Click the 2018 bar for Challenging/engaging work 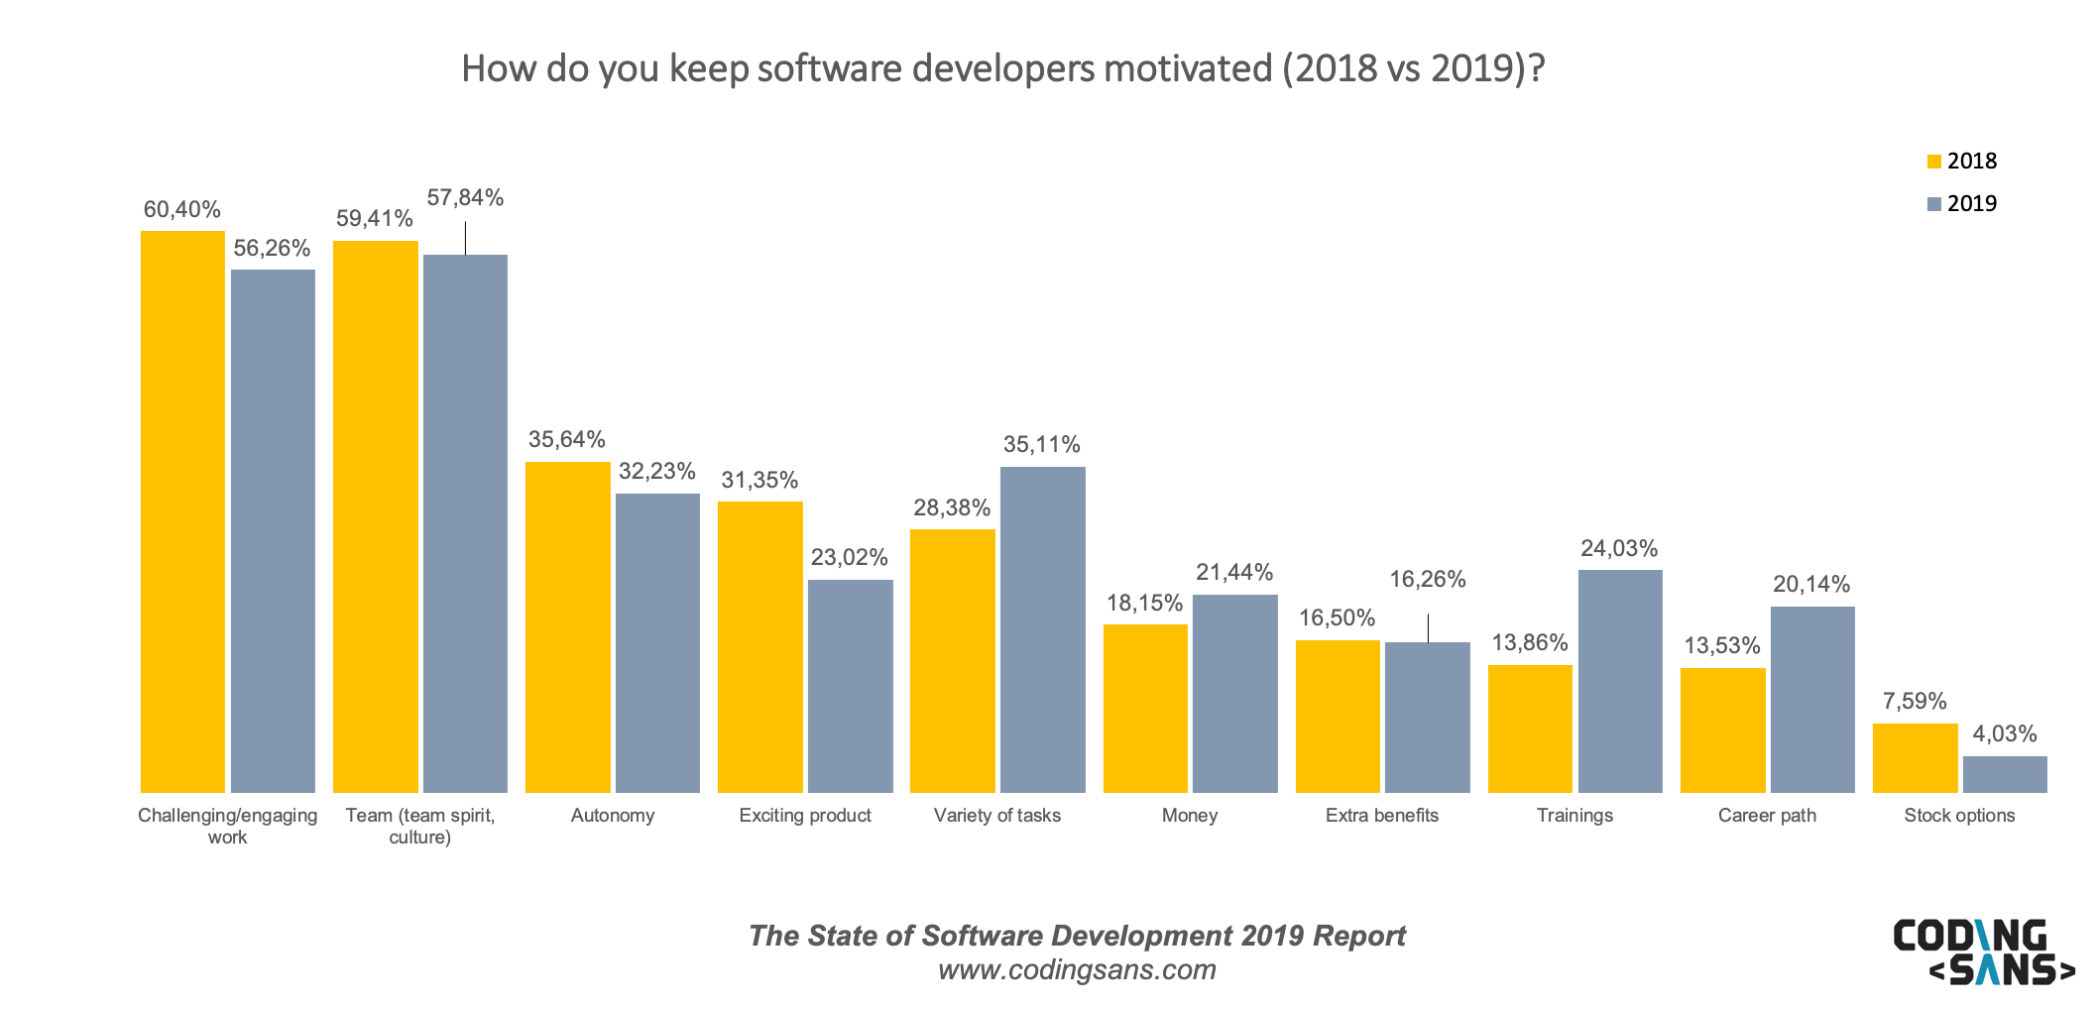click(182, 511)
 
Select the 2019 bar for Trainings click(1620, 681)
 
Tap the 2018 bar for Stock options click(1915, 758)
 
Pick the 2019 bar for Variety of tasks click(1042, 629)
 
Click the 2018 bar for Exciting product click(759, 646)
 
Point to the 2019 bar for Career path click(1812, 699)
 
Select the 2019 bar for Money click(1234, 693)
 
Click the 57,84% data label click(465, 198)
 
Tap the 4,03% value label click(2004, 734)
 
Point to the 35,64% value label click(566, 440)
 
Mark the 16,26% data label click(1427, 580)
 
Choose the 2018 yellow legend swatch click(1933, 162)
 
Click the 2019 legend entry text click(1971, 204)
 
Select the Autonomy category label click(613, 816)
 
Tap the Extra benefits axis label click(1381, 816)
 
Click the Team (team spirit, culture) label click(419, 826)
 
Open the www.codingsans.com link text click(1077, 969)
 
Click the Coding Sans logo click(1982, 952)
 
